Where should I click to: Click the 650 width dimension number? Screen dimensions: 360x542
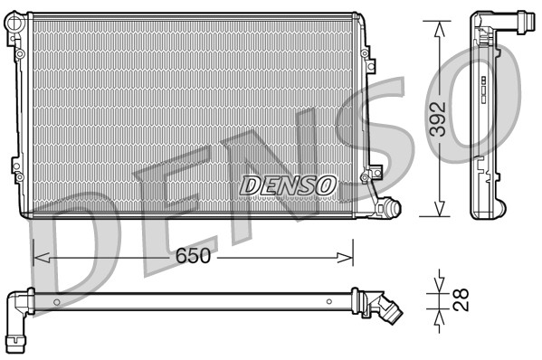[194, 256]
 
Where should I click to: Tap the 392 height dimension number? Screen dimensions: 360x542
[438, 118]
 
